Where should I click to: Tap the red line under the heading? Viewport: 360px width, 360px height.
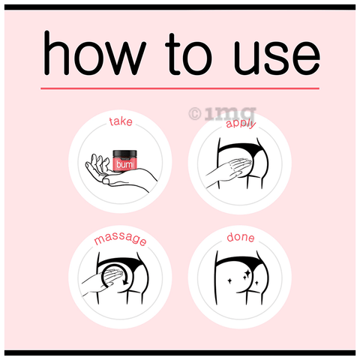(x=180, y=88)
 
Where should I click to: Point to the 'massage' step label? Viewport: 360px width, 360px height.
(x=120, y=241)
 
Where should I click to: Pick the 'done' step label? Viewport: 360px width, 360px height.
(x=240, y=239)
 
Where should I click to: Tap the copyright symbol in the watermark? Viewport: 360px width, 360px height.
(x=193, y=114)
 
